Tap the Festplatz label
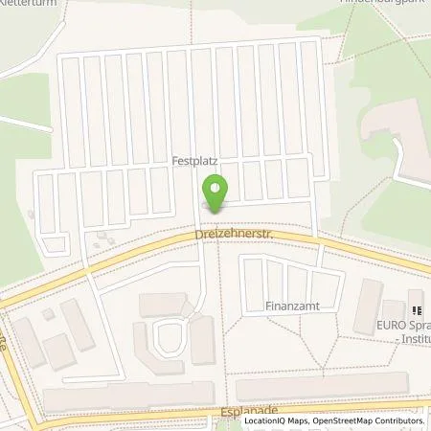click(193, 162)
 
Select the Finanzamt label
click(292, 309)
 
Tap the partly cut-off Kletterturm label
click(30, 3)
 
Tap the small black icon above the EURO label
click(417, 309)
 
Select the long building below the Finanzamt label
click(321, 389)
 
